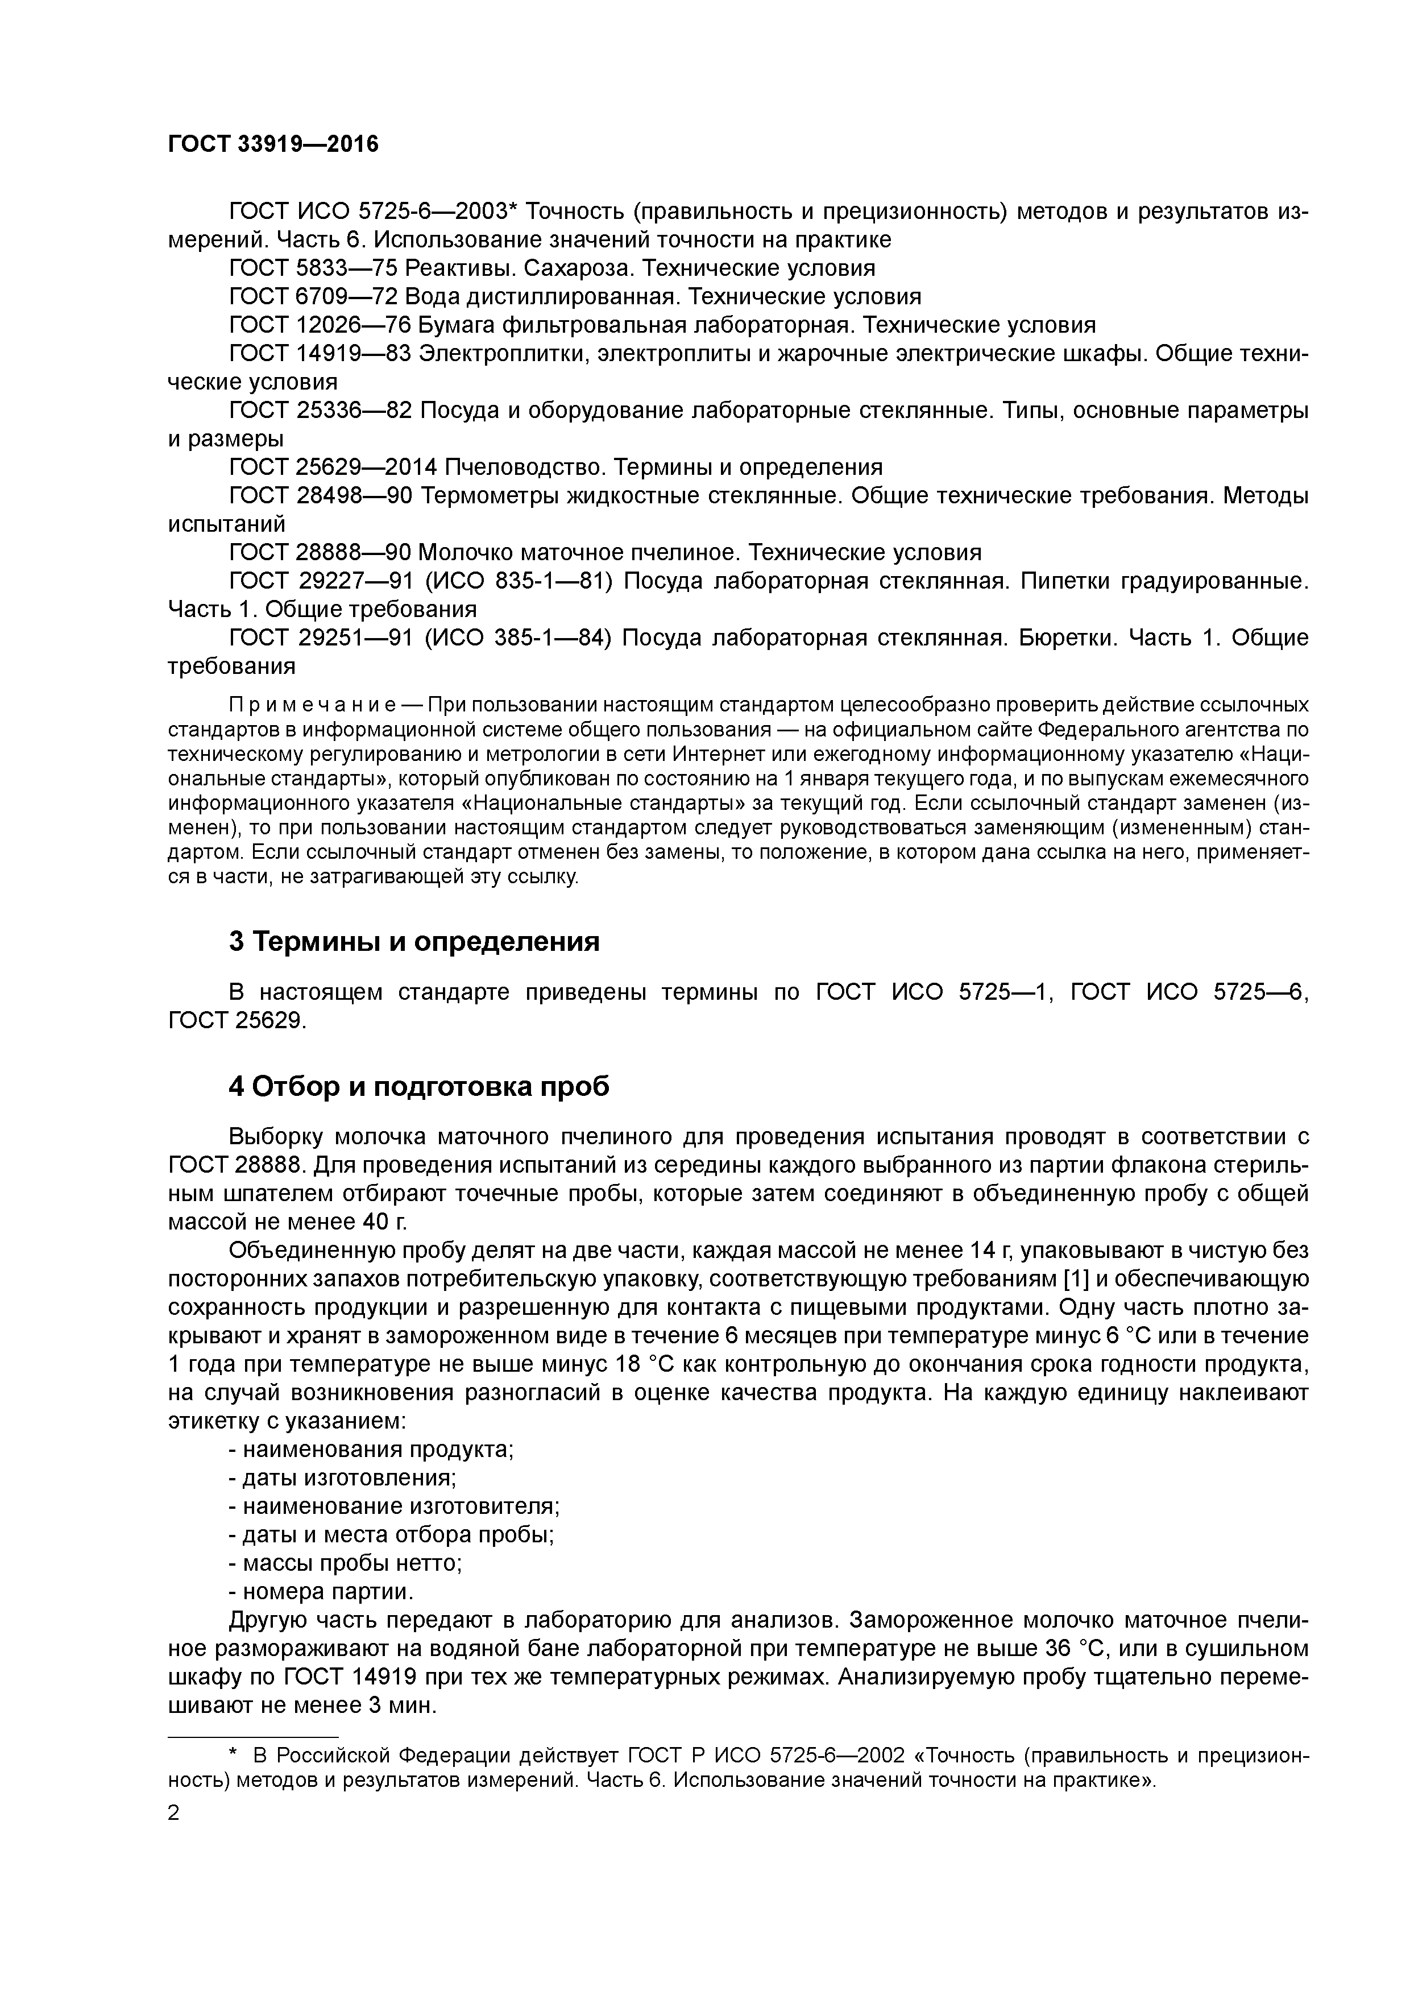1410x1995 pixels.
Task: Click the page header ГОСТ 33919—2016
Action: (x=273, y=144)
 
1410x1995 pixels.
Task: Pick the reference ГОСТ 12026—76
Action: (x=320, y=325)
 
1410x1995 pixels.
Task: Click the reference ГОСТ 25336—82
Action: (x=320, y=410)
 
